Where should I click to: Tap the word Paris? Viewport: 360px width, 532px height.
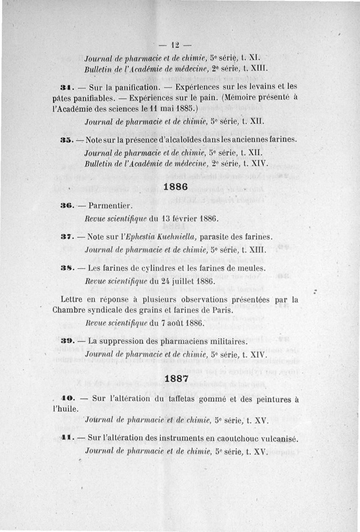[221, 310]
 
